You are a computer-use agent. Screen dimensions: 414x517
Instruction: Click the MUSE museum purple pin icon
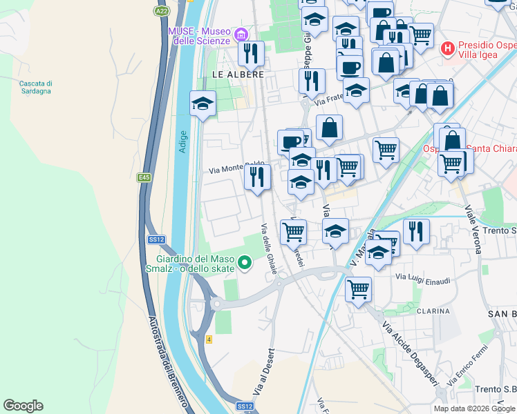click(x=241, y=34)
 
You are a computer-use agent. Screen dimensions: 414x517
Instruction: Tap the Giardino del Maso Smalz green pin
click(x=244, y=262)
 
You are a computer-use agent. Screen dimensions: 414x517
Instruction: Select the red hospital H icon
click(x=448, y=48)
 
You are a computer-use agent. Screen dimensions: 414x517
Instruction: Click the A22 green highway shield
click(x=161, y=11)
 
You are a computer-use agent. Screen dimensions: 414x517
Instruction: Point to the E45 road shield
click(x=144, y=177)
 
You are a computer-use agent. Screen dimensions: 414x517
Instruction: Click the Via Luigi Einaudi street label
click(x=422, y=277)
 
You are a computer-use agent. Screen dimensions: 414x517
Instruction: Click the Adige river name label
click(x=182, y=141)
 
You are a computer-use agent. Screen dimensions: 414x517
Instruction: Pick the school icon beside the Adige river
click(x=203, y=103)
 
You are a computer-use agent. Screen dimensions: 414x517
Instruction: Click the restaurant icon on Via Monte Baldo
click(x=257, y=177)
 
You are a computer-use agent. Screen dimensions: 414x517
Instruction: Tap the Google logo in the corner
click(x=23, y=406)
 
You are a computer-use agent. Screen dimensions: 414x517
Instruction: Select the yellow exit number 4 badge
click(x=209, y=339)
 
